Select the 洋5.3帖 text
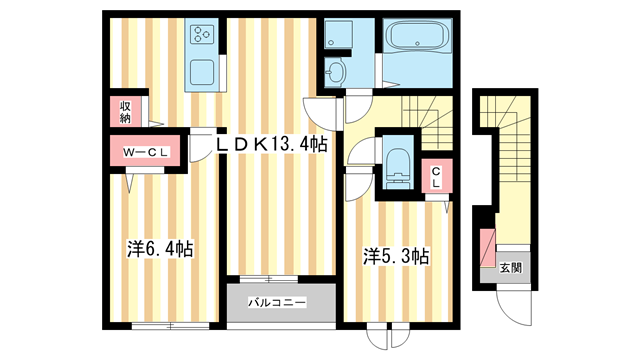(396, 256)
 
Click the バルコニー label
(276, 301)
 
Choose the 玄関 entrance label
(510, 267)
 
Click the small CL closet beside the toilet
(436, 179)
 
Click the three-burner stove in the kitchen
(202, 34)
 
